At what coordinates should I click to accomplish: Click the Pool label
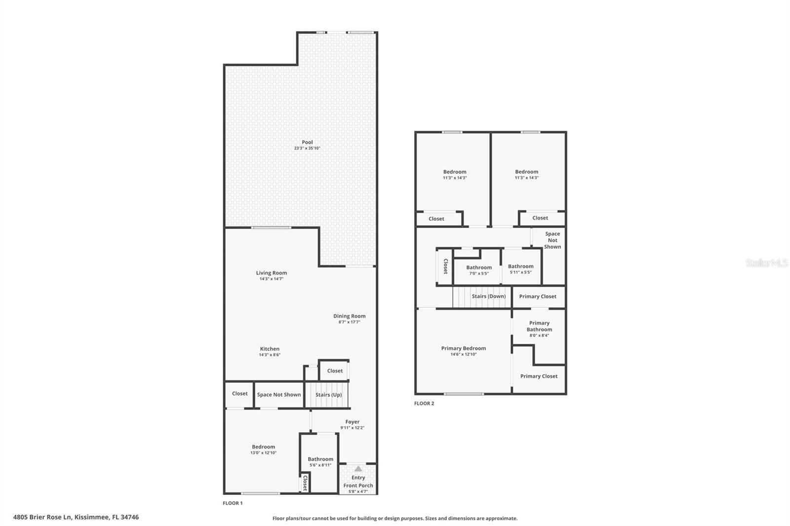click(x=307, y=142)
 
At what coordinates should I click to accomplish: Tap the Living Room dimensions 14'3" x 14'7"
click(x=272, y=279)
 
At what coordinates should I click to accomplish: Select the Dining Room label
click(x=350, y=316)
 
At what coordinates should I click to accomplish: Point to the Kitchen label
click(x=270, y=349)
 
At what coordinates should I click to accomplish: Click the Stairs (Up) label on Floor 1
click(x=329, y=395)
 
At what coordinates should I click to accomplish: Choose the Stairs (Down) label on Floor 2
click(x=489, y=296)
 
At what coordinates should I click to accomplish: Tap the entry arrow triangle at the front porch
click(x=358, y=469)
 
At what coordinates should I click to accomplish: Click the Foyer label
click(x=353, y=422)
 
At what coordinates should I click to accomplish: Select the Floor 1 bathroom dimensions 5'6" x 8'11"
click(x=320, y=465)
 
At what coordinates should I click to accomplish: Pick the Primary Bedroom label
click(x=464, y=348)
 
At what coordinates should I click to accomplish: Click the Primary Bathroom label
click(x=539, y=326)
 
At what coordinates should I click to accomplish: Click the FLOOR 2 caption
click(x=424, y=403)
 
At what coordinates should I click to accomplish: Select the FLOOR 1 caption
click(x=233, y=503)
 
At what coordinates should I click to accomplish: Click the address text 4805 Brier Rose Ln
click(x=42, y=517)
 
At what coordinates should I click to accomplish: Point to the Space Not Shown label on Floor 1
click(x=279, y=395)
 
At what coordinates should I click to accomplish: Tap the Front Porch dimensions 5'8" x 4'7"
click(x=358, y=491)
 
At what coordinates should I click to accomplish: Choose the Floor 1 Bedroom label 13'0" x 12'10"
click(x=264, y=450)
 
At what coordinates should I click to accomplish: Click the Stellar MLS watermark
click(x=767, y=263)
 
